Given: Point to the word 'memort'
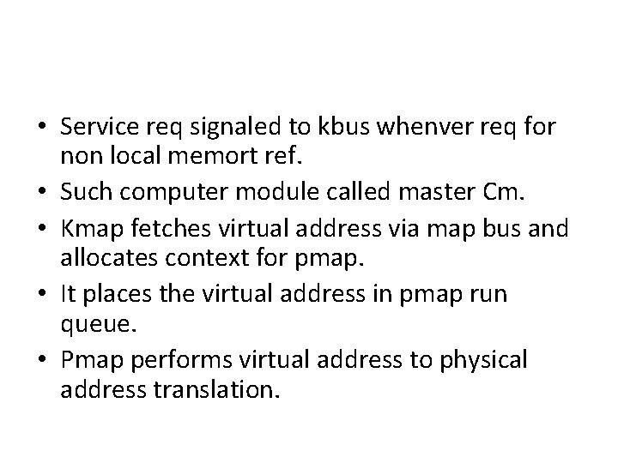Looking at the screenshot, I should pyautogui.click(x=228, y=155).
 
